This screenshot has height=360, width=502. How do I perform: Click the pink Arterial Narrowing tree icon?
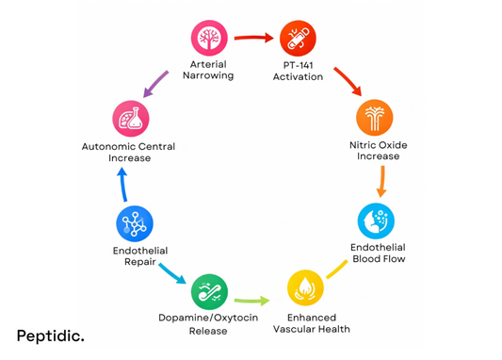tap(209, 39)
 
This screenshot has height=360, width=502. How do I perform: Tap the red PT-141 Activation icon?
tap(298, 39)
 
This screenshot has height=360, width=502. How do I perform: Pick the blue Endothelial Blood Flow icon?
tap(376, 221)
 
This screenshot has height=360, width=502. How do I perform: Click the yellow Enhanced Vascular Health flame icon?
tap(304, 287)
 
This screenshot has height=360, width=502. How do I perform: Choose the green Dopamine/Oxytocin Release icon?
tap(209, 292)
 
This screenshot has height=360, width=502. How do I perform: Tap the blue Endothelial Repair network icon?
tap(134, 224)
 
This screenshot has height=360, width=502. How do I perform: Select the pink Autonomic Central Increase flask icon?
tap(130, 119)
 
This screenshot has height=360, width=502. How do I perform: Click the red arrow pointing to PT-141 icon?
tap(253, 39)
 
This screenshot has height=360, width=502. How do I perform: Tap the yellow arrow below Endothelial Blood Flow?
tap(336, 268)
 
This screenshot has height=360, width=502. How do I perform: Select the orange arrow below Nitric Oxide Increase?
tap(381, 180)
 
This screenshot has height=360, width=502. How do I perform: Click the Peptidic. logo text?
tap(50, 335)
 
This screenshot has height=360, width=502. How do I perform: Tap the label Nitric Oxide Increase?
tap(378, 151)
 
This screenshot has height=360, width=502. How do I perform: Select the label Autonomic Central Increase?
tap(128, 153)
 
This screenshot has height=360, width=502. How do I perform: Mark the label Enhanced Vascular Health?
tap(311, 323)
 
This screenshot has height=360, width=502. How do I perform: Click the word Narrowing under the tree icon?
tap(207, 75)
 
